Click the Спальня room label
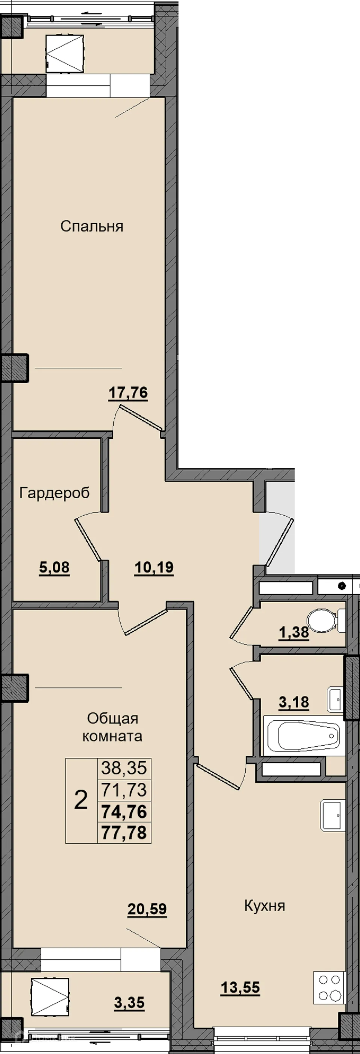[x=92, y=226]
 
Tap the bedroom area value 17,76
[x=128, y=393]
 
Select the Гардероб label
[x=54, y=493]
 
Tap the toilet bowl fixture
[x=326, y=620]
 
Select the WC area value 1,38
[x=294, y=632]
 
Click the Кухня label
[x=265, y=906]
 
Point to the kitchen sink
[x=333, y=815]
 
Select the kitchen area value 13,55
[x=241, y=987]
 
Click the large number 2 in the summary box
[x=81, y=800]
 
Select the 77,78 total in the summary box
[x=124, y=833]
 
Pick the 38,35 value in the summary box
[x=124, y=768]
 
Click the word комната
[x=112, y=736]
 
